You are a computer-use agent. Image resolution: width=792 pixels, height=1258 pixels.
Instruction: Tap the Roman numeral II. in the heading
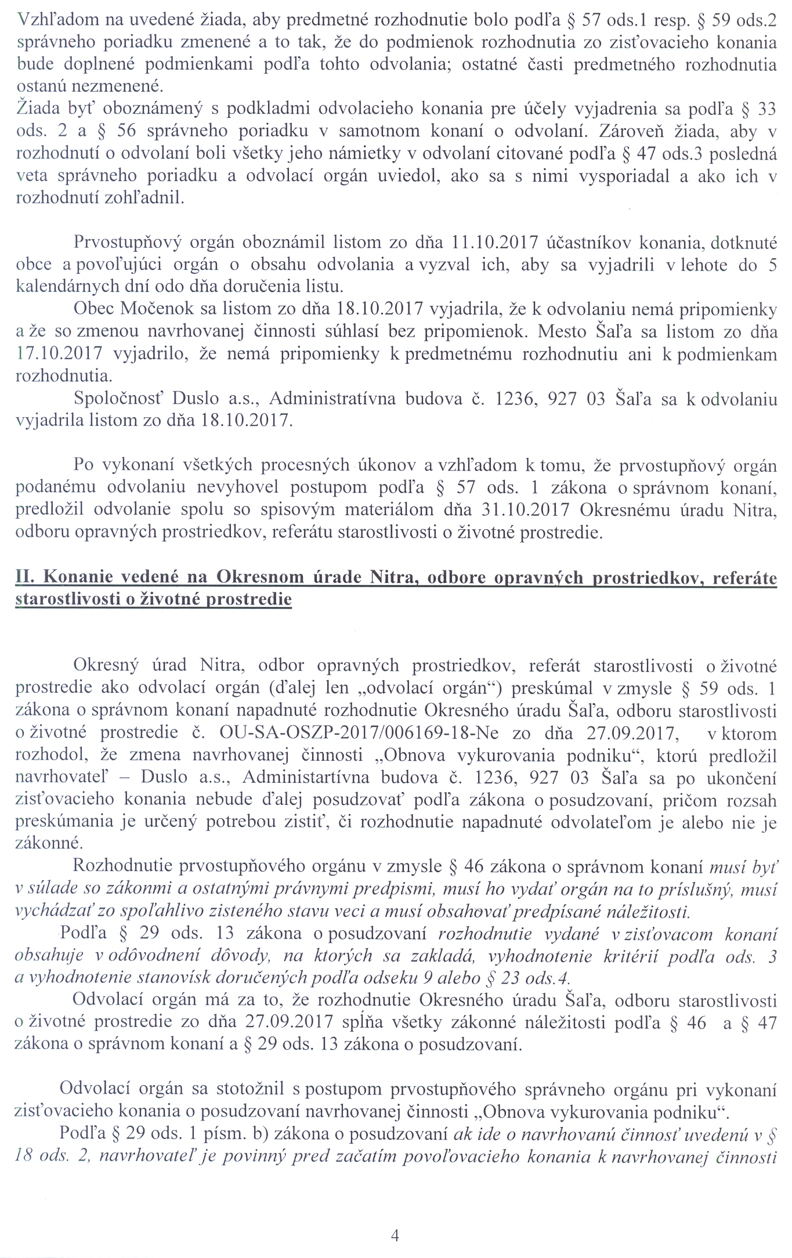[26, 577]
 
